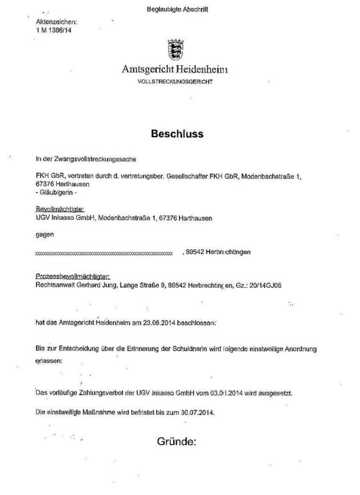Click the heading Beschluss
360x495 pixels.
pos(177,134)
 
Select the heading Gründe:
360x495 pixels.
pos(177,441)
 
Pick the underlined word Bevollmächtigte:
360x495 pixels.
pos(59,210)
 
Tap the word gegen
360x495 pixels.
pos(44,234)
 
